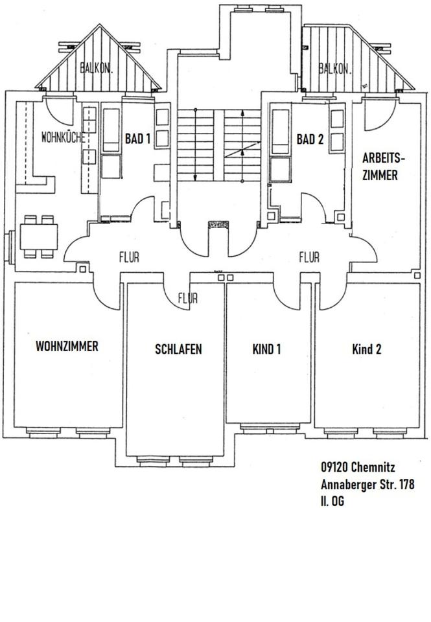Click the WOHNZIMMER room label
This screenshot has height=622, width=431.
coord(67,347)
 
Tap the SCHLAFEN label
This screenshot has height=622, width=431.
coord(178,349)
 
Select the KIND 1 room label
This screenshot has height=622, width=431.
coord(266,349)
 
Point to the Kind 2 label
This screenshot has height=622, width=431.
coord(366,349)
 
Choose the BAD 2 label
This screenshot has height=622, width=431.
coord(309,139)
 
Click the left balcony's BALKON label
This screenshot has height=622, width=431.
coord(97,67)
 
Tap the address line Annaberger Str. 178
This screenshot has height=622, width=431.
coord(367,484)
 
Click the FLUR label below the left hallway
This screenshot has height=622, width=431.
coord(188,299)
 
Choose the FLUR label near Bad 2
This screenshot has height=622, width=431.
coord(309,257)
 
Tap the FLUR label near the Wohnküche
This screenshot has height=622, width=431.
coord(129,257)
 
